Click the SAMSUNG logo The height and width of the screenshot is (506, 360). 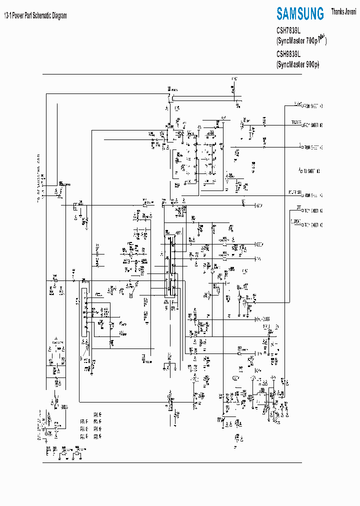(300, 13)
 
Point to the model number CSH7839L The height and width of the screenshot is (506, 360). (288, 30)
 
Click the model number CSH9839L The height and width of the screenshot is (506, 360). (288, 54)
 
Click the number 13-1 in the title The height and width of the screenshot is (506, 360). (8, 15)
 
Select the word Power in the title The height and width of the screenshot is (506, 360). (19, 15)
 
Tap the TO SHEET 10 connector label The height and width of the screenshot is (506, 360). (310, 171)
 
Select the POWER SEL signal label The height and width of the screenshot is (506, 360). (294, 192)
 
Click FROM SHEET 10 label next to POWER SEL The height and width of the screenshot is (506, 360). (312, 194)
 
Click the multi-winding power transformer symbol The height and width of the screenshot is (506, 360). (197, 152)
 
